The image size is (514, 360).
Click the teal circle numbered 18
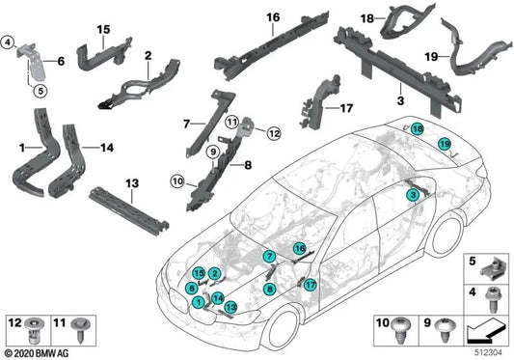[417, 129]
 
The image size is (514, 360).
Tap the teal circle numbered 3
[412, 195]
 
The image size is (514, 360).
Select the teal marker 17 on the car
[310, 285]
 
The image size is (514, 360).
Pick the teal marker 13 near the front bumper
[231, 306]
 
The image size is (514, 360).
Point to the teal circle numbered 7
[270, 255]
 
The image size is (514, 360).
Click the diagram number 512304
[492, 352]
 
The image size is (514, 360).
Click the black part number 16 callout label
[273, 17]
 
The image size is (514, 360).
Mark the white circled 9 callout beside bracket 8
[210, 152]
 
